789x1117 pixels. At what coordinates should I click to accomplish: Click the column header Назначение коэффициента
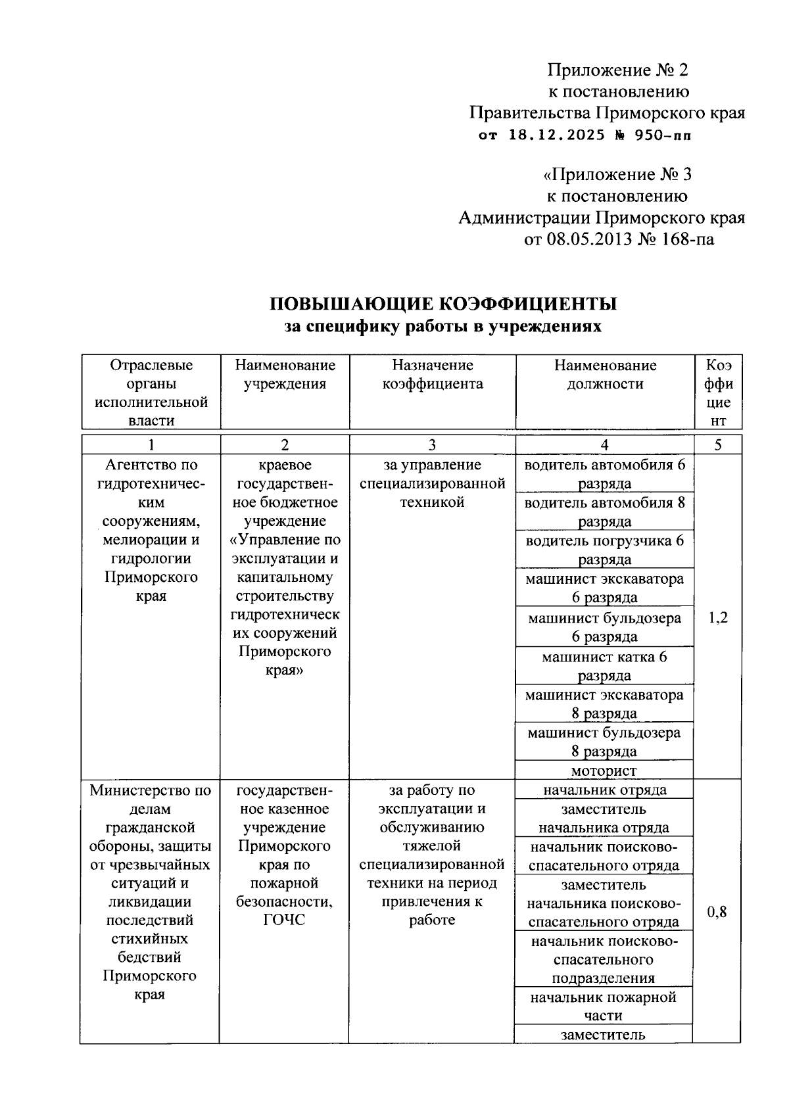(432, 375)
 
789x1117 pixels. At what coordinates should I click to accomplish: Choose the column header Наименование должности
(604, 375)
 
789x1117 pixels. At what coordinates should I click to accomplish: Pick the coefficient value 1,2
(718, 618)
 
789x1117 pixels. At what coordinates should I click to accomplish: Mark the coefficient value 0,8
(717, 912)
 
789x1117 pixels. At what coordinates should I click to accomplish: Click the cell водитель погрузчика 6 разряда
(604, 550)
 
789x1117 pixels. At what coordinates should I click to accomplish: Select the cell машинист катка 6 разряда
(604, 666)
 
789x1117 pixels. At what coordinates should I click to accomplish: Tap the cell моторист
(604, 771)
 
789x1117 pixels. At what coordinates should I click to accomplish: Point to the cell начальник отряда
(604, 790)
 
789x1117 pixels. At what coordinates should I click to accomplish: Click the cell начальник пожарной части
(604, 1006)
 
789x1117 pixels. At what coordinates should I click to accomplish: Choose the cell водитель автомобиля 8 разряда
(604, 511)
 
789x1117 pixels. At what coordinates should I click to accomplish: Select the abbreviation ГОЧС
(284, 920)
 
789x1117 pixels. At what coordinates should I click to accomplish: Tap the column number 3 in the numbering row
(432, 445)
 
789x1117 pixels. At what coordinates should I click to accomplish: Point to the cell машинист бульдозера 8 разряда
(604, 742)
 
